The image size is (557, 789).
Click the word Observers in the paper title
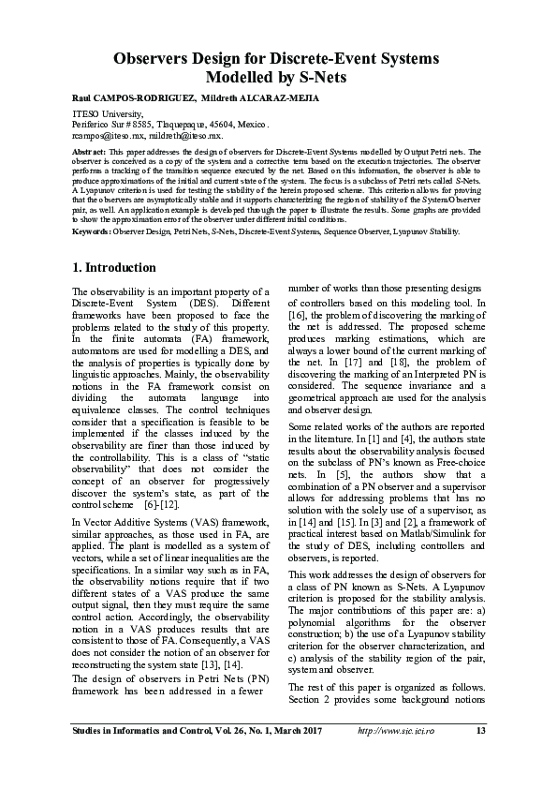click(157, 59)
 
